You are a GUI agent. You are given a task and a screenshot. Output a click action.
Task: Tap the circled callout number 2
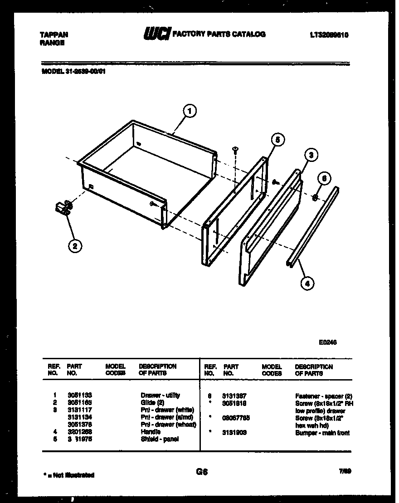[x=75, y=246]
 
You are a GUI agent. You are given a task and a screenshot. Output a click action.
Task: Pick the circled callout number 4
[x=307, y=283]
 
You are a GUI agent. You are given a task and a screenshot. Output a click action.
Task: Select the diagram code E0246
[x=327, y=342]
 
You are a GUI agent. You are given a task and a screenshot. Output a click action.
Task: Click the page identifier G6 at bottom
[x=202, y=472]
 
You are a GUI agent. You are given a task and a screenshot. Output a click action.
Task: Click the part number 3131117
[x=79, y=410]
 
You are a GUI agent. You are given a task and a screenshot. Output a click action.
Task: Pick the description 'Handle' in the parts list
[x=151, y=432]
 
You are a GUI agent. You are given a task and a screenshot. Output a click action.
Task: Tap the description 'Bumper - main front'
[x=322, y=433]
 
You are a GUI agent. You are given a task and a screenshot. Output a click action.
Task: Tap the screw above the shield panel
[x=235, y=150]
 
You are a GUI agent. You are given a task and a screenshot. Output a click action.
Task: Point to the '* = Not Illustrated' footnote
[x=68, y=475]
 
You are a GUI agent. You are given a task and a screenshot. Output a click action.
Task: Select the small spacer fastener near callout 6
[x=314, y=196]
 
